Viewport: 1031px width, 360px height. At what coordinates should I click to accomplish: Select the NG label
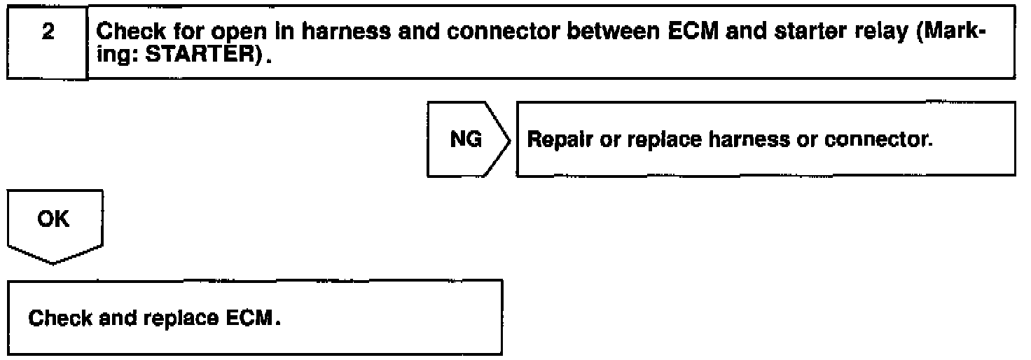[x=466, y=140]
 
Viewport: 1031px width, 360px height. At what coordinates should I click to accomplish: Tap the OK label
[x=55, y=219]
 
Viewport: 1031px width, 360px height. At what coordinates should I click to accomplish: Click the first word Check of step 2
[x=125, y=33]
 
